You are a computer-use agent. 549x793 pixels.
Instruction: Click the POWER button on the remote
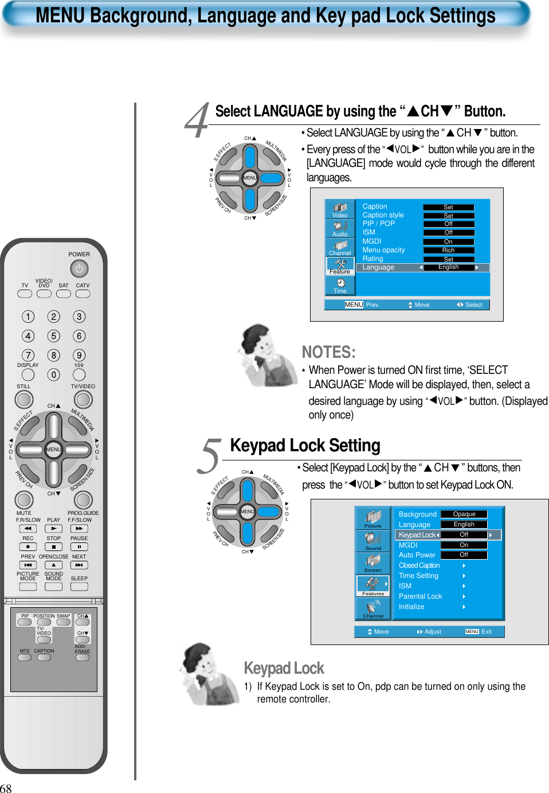tap(79, 268)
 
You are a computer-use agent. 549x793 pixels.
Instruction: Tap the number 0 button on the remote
tap(53, 375)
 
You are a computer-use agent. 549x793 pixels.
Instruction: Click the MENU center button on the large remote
tap(53, 450)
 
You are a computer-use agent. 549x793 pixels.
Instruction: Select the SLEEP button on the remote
tap(79, 587)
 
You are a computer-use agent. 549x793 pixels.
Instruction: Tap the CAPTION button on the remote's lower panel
tap(44, 658)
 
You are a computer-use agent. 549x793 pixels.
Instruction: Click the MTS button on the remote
tap(25, 658)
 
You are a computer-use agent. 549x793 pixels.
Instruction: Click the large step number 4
tap(197, 121)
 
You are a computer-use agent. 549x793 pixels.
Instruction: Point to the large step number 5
tap(210, 456)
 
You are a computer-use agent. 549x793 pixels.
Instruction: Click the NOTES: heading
tap(328, 352)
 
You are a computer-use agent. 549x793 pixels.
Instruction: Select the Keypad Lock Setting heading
tap(305, 446)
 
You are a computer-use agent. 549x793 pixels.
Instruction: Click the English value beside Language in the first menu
tap(449, 267)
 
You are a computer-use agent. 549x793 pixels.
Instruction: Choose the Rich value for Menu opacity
tap(449, 250)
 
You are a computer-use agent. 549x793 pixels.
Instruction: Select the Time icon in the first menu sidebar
tap(340, 285)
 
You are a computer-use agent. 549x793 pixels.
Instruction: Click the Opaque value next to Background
tap(464, 514)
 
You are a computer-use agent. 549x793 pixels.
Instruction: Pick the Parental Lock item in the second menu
tap(421, 596)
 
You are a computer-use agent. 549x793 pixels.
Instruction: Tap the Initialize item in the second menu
tap(411, 607)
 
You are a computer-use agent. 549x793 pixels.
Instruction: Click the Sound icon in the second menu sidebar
tap(373, 540)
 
